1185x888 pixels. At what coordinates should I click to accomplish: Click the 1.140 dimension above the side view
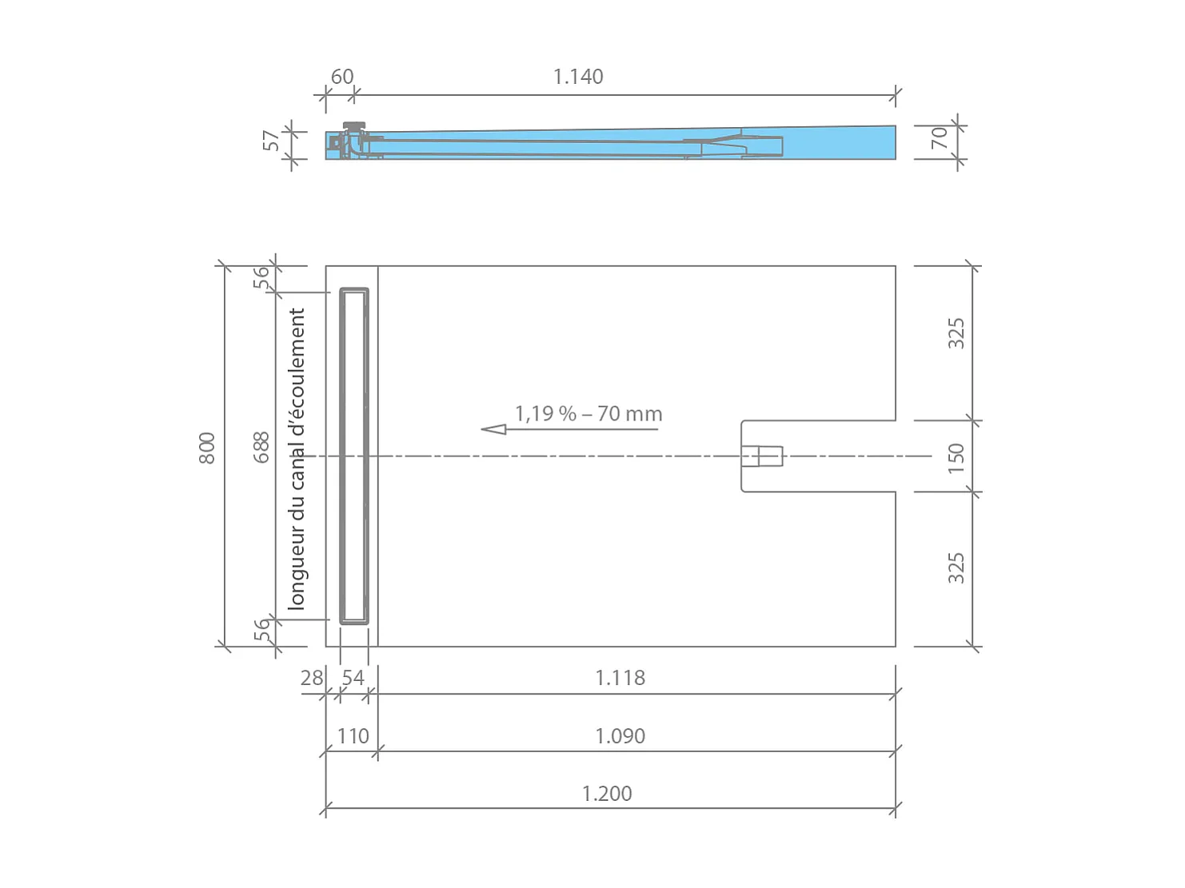(x=578, y=77)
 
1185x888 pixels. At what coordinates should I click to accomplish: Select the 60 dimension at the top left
(x=341, y=77)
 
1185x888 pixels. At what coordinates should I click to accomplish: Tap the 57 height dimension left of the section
(x=272, y=141)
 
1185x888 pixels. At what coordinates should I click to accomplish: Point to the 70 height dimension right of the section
(x=939, y=137)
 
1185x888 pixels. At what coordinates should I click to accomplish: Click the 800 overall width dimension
(x=207, y=448)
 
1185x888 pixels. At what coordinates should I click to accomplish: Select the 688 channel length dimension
(x=261, y=448)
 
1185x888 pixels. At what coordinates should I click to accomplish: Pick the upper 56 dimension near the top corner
(x=261, y=277)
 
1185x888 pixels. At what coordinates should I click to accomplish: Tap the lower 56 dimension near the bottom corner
(x=261, y=631)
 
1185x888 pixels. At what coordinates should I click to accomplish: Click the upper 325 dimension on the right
(x=956, y=333)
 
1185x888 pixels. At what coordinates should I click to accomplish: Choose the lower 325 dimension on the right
(x=956, y=567)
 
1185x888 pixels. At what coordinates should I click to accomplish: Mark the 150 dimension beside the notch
(x=956, y=458)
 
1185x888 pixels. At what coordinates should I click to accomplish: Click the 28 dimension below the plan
(x=311, y=678)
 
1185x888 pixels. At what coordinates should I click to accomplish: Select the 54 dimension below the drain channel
(x=353, y=678)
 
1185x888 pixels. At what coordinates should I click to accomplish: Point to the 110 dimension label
(x=353, y=736)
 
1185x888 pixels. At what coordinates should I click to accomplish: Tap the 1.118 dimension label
(x=620, y=678)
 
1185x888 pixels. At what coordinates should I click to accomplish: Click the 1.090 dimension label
(x=620, y=736)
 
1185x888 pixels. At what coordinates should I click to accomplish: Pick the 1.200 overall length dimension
(x=607, y=794)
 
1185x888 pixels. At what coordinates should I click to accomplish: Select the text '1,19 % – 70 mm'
(x=589, y=414)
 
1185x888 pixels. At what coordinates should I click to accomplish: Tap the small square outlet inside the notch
(x=760, y=456)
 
